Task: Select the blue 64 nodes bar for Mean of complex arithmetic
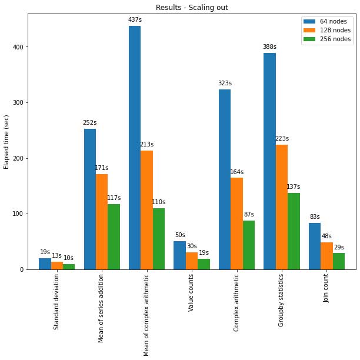click(x=135, y=147)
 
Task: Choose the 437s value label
click(x=135, y=20)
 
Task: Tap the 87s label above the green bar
click(x=249, y=215)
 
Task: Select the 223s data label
click(x=282, y=139)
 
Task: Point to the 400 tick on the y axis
click(x=24, y=47)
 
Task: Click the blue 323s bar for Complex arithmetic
click(x=225, y=179)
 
